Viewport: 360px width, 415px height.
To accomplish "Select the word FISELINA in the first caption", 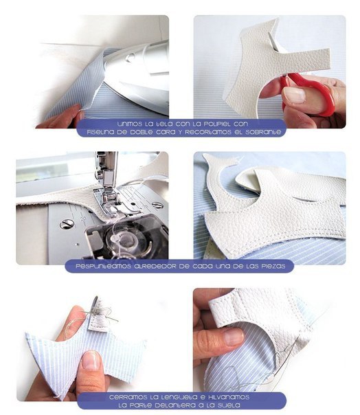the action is coord(102,132).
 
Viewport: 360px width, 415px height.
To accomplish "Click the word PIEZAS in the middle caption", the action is coord(273,266).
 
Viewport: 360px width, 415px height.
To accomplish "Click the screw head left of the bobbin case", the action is coord(67,224).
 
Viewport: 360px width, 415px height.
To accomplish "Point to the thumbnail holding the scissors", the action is coord(294,95).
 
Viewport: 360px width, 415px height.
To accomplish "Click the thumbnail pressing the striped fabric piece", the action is coord(91,360).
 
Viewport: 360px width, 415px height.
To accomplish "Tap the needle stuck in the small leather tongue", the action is coord(105,315).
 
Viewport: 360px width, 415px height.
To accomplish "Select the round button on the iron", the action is coord(130,58).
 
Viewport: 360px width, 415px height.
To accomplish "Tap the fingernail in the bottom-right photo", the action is coord(234,337).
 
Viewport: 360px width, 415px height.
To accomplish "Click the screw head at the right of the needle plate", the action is coord(158,205).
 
